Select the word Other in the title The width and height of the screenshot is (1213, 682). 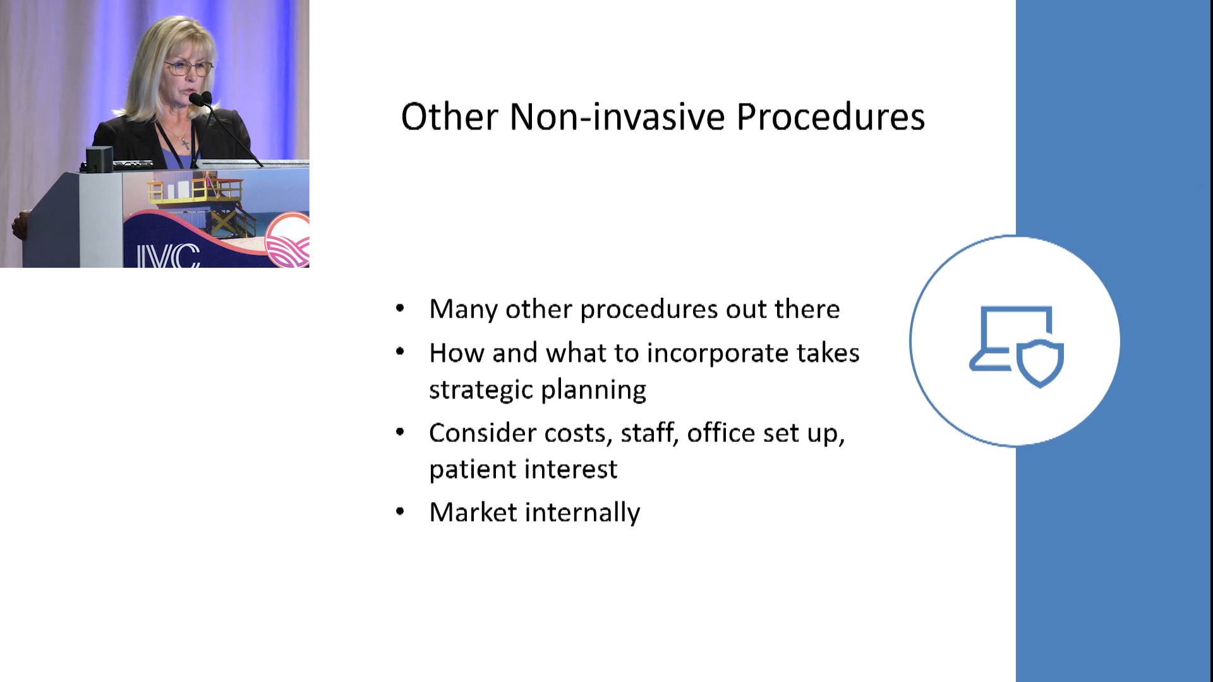tap(450, 117)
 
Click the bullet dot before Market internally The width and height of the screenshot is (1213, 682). tap(400, 512)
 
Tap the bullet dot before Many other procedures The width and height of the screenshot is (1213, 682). tap(400, 309)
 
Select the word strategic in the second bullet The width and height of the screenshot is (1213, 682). tap(481, 390)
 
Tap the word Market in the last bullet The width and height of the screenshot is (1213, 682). tap(473, 512)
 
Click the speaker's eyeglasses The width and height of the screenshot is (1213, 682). tap(188, 68)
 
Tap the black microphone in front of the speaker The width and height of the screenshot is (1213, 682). tap(200, 99)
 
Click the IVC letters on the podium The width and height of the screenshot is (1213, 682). tap(168, 256)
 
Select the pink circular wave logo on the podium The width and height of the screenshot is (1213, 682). tap(287, 241)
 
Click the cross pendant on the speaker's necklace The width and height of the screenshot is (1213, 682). tap(184, 143)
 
